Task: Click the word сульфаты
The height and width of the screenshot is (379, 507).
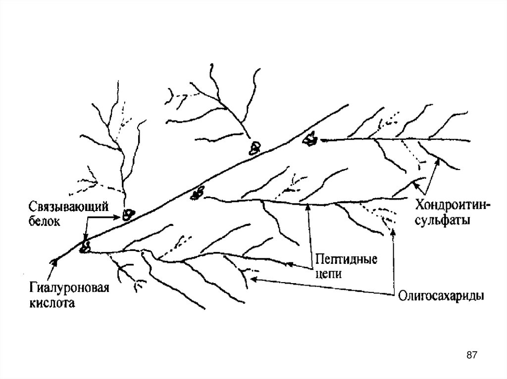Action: (x=443, y=220)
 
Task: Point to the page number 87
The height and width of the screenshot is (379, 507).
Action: (x=472, y=355)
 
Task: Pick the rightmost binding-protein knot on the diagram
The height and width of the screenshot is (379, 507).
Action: (x=311, y=139)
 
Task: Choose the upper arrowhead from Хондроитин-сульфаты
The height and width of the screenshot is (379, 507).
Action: (x=437, y=161)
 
